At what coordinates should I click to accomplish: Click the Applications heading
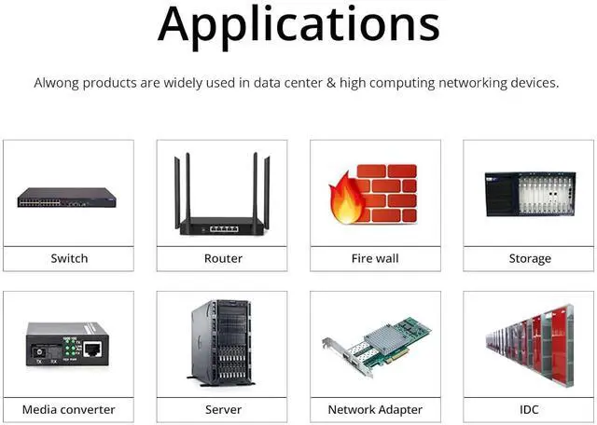click(298, 25)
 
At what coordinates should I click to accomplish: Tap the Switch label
click(69, 258)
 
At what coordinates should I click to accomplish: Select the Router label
click(223, 258)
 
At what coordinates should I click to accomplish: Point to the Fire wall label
click(375, 258)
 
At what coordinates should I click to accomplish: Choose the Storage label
click(530, 258)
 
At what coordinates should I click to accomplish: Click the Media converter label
click(69, 409)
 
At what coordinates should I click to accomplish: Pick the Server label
click(223, 409)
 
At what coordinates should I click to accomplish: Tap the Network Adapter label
click(375, 409)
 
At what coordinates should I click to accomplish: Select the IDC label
click(530, 409)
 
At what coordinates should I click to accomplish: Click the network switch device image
click(67, 198)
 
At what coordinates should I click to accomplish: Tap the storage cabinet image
click(529, 194)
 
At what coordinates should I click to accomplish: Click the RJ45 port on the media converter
click(92, 349)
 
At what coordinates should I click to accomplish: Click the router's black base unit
click(222, 226)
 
